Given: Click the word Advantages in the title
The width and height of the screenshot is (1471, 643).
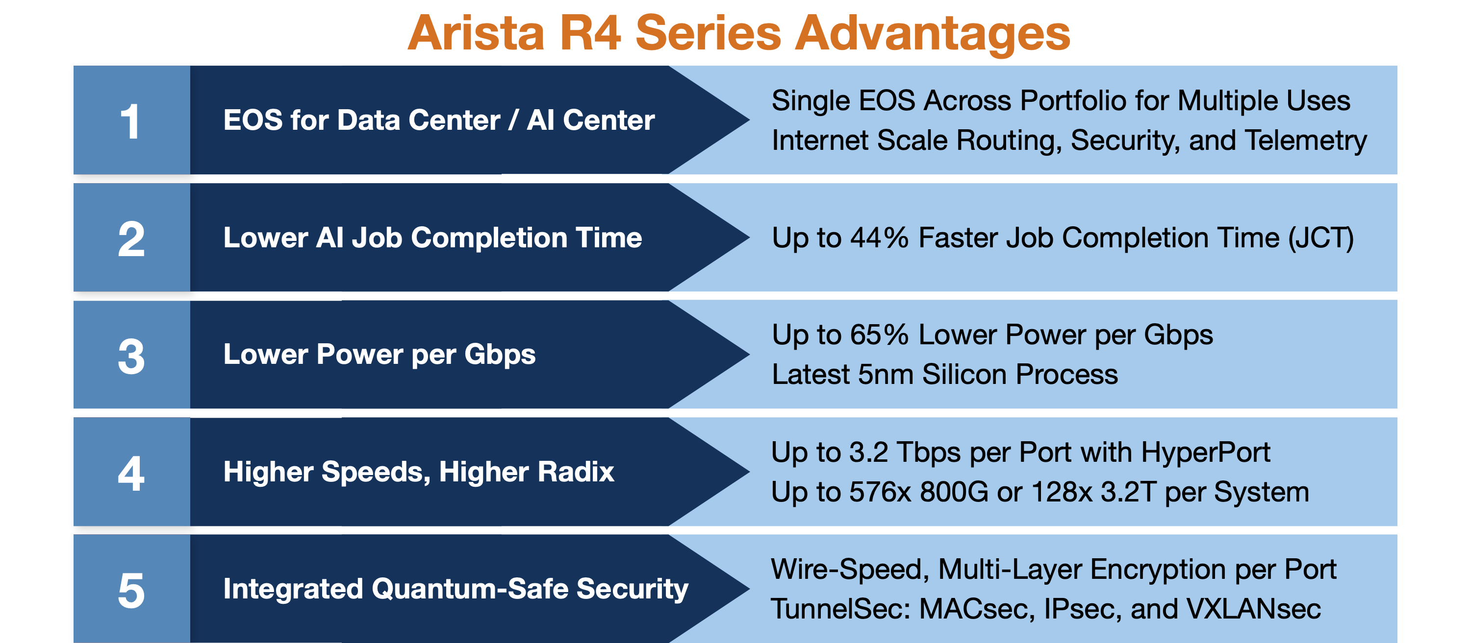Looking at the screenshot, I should point(933,33).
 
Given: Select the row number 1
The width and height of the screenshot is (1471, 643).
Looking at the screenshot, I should point(131,121).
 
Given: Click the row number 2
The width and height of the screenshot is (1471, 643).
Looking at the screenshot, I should point(131,238).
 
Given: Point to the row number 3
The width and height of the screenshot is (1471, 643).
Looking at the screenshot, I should point(131,356).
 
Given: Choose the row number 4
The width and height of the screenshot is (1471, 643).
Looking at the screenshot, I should point(131,473).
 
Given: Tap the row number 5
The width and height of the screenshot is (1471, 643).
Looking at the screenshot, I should point(131,591).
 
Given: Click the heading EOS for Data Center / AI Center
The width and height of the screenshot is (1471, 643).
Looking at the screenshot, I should point(438,120).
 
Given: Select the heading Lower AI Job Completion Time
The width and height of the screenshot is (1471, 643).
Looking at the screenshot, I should point(432,238).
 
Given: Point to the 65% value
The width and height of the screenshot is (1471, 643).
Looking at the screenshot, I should point(879,334).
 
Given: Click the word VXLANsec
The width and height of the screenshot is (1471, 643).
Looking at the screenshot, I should point(1253,609).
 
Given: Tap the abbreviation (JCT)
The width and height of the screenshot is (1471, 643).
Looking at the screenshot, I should point(1320,238).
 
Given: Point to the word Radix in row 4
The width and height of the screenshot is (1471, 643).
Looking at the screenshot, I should point(576,472).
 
